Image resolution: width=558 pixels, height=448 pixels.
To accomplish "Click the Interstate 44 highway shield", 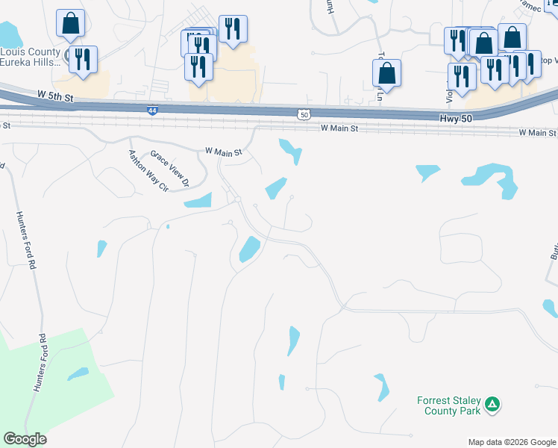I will pos(152,111).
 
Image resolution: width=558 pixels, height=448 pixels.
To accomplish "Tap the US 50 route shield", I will pos(302,114).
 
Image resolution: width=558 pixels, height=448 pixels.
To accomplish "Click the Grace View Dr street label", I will pos(171,168).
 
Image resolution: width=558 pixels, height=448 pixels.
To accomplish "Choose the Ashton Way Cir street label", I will pos(147,170).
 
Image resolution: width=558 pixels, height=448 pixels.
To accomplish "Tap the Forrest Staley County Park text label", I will pos(448,405).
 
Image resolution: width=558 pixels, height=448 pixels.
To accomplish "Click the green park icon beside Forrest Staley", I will pos(492,405).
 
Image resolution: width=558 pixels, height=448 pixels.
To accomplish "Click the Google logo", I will pos(25,439).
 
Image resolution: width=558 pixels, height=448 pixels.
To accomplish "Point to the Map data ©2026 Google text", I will pos(511,442).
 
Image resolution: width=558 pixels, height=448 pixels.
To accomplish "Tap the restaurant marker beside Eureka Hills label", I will pos(83,59).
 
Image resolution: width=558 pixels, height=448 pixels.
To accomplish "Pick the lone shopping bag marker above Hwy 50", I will pos(386,72).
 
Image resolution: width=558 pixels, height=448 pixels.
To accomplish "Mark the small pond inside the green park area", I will pos(78,374).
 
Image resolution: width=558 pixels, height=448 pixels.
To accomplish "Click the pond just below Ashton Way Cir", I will pos(198,200).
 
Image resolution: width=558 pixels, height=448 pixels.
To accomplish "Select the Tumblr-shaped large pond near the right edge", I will pos(492,179).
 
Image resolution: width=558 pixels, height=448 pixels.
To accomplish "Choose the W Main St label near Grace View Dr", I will pos(224,152).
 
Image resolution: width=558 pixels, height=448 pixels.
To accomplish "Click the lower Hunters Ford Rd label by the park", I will pos(39,363).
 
